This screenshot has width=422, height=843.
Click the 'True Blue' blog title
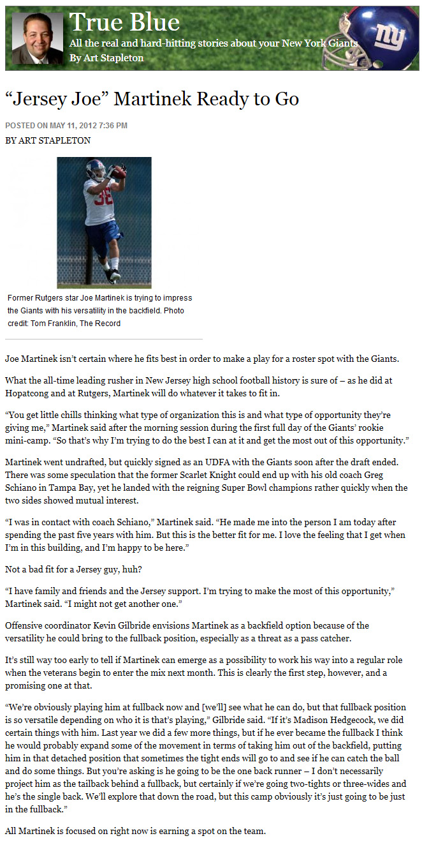coord(124,23)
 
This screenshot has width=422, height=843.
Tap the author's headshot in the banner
coord(38,38)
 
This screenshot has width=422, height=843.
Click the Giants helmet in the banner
coord(377,38)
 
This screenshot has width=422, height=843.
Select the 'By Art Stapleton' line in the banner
coord(106,58)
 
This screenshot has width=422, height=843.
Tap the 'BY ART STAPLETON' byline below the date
coord(48,140)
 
